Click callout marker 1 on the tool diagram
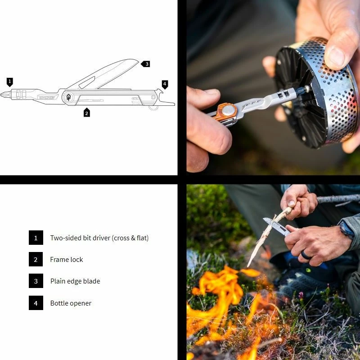tap(10, 81)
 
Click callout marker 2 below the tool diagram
tap(87, 112)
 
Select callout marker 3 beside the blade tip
tap(145, 64)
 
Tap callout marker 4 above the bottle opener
tap(165, 84)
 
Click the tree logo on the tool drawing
tap(69, 97)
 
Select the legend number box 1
tap(36, 238)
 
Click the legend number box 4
tap(36, 303)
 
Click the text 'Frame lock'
tap(67, 260)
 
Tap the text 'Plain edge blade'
tap(75, 281)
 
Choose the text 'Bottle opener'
tap(71, 303)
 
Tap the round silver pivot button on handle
tap(228, 109)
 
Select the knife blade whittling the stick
tap(274, 225)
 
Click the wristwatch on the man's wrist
tap(346, 230)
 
